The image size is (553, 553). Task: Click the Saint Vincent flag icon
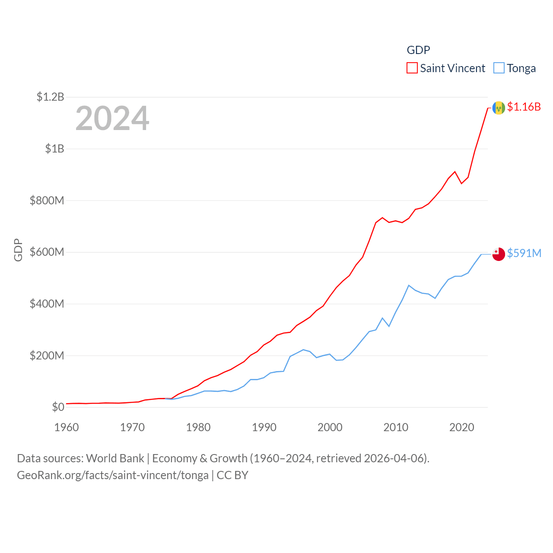[499, 108]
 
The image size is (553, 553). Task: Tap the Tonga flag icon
[499, 254]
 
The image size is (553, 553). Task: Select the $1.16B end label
[524, 107]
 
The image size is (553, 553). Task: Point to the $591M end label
[524, 253]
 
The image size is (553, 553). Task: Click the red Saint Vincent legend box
[412, 68]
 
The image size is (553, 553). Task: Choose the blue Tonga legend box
[499, 68]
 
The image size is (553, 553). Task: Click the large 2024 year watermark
[112, 118]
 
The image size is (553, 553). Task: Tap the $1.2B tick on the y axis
[50, 97]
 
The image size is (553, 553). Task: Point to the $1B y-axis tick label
[54, 149]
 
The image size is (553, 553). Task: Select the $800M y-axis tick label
[47, 200]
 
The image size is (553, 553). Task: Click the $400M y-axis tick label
[47, 304]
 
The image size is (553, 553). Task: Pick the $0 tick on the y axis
[58, 407]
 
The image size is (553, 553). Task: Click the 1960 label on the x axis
[67, 427]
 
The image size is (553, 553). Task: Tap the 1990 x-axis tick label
[264, 427]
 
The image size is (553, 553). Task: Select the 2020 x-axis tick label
[462, 427]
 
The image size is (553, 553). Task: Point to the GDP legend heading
[418, 50]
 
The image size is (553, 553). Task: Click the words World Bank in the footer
[115, 458]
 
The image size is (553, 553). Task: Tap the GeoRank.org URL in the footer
[112, 475]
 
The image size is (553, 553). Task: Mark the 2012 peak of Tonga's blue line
[409, 285]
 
